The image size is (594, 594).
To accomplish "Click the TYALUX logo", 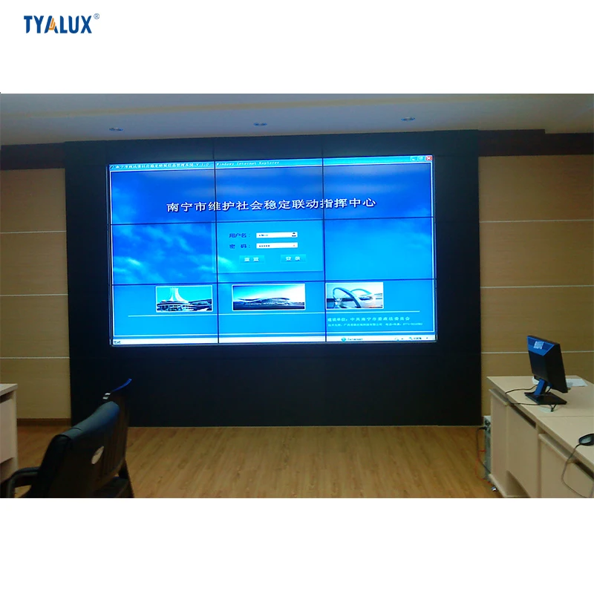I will (x=58, y=24).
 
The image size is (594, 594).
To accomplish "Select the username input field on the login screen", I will (x=276, y=235).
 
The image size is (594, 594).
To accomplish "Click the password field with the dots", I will (x=276, y=244).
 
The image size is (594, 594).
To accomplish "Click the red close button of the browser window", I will (x=428, y=158).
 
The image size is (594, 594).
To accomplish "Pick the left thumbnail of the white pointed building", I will (x=183, y=298).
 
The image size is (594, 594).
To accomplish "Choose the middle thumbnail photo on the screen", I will (x=268, y=297).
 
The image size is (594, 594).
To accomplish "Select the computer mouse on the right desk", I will (x=587, y=440).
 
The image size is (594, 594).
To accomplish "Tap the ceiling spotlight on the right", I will (x=407, y=119).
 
